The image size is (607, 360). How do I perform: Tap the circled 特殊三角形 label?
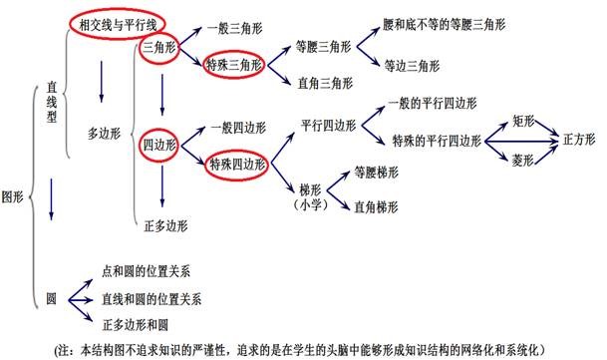pos(229,64)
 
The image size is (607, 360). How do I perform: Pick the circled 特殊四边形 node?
pos(231,165)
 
